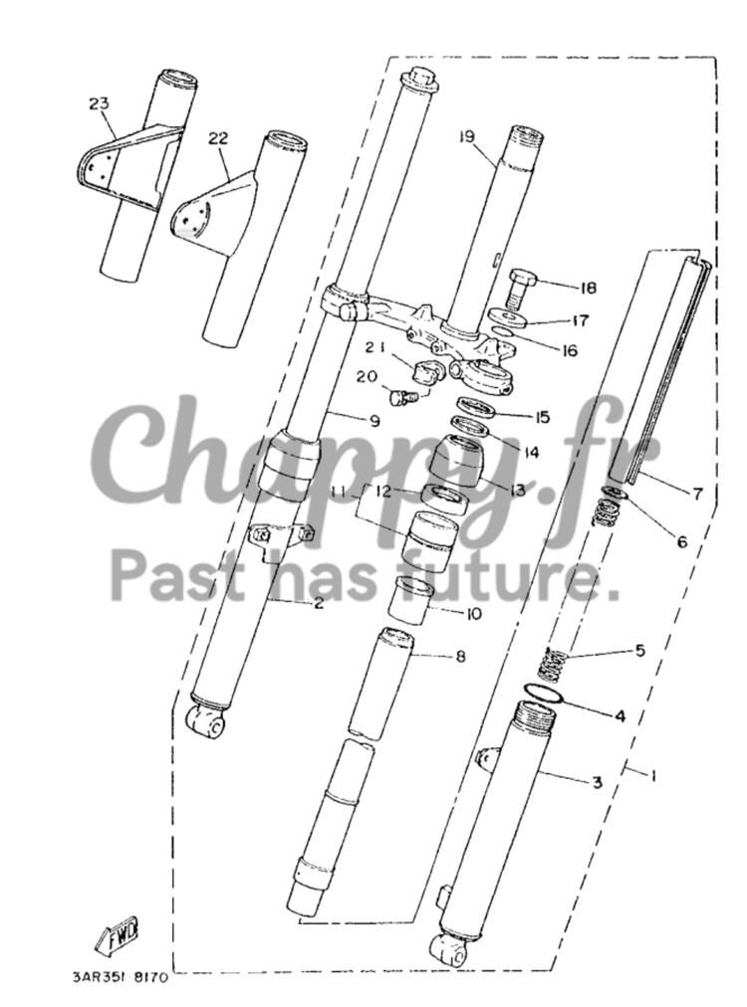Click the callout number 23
(x=99, y=103)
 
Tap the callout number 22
(x=218, y=138)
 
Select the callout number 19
(x=467, y=136)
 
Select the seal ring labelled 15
(x=477, y=408)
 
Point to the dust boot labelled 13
(x=463, y=461)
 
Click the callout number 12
(x=383, y=492)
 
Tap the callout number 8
(x=460, y=657)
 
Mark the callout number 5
(x=639, y=650)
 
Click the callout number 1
(x=653, y=776)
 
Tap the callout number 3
(x=597, y=782)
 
